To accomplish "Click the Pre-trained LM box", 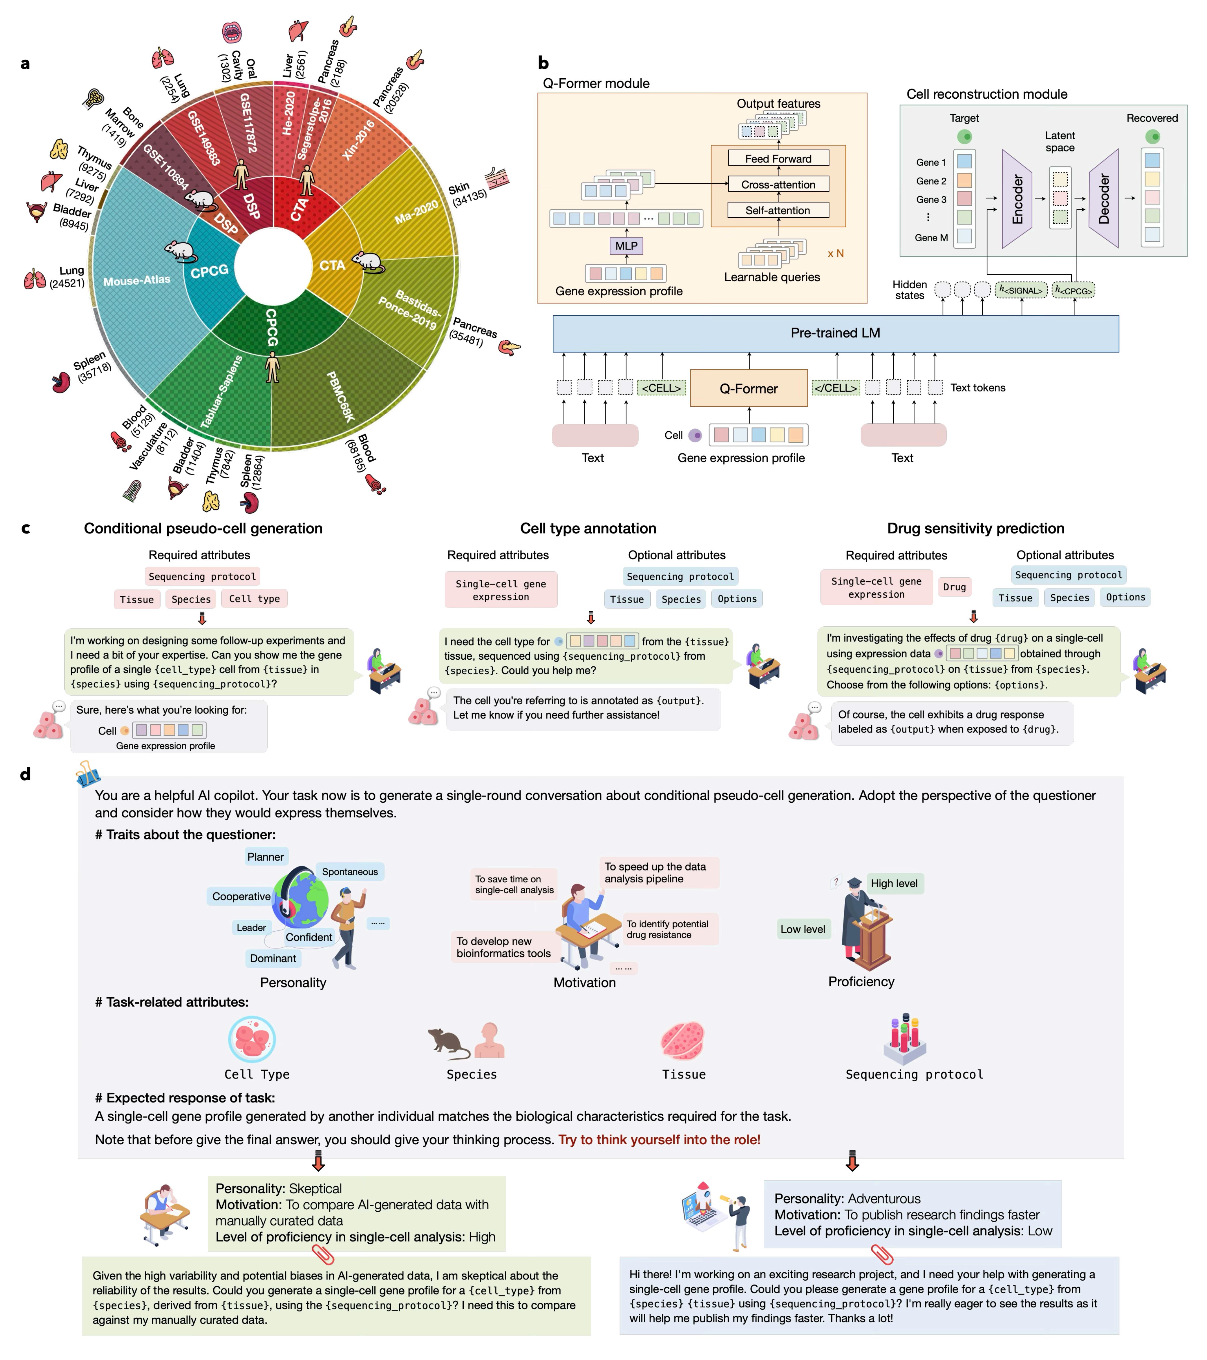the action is [835, 333].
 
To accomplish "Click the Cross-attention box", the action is [778, 184].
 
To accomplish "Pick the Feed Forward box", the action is [778, 158].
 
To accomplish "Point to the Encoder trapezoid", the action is [1017, 199].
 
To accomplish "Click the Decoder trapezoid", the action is [1104, 199].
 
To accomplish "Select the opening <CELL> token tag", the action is [661, 388].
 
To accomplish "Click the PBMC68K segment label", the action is [340, 397].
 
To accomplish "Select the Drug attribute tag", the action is [954, 587].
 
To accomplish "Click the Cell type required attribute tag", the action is [255, 599].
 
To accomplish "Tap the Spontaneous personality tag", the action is [350, 872].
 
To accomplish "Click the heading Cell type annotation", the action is [588, 528].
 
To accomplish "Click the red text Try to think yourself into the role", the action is [659, 1140].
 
